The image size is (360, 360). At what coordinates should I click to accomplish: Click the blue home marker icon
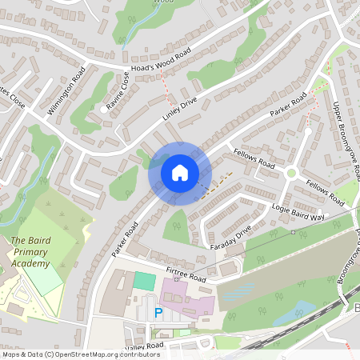(x=180, y=173)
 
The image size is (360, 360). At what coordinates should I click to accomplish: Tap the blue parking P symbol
(x=158, y=313)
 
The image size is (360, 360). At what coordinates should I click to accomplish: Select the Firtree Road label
(x=186, y=277)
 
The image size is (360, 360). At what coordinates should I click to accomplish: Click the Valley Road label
(x=144, y=346)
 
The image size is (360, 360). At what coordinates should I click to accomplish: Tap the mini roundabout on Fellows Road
(x=292, y=173)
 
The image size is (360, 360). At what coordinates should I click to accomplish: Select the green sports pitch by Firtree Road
(x=145, y=281)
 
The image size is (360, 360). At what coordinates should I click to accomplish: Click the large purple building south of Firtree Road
(x=190, y=298)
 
